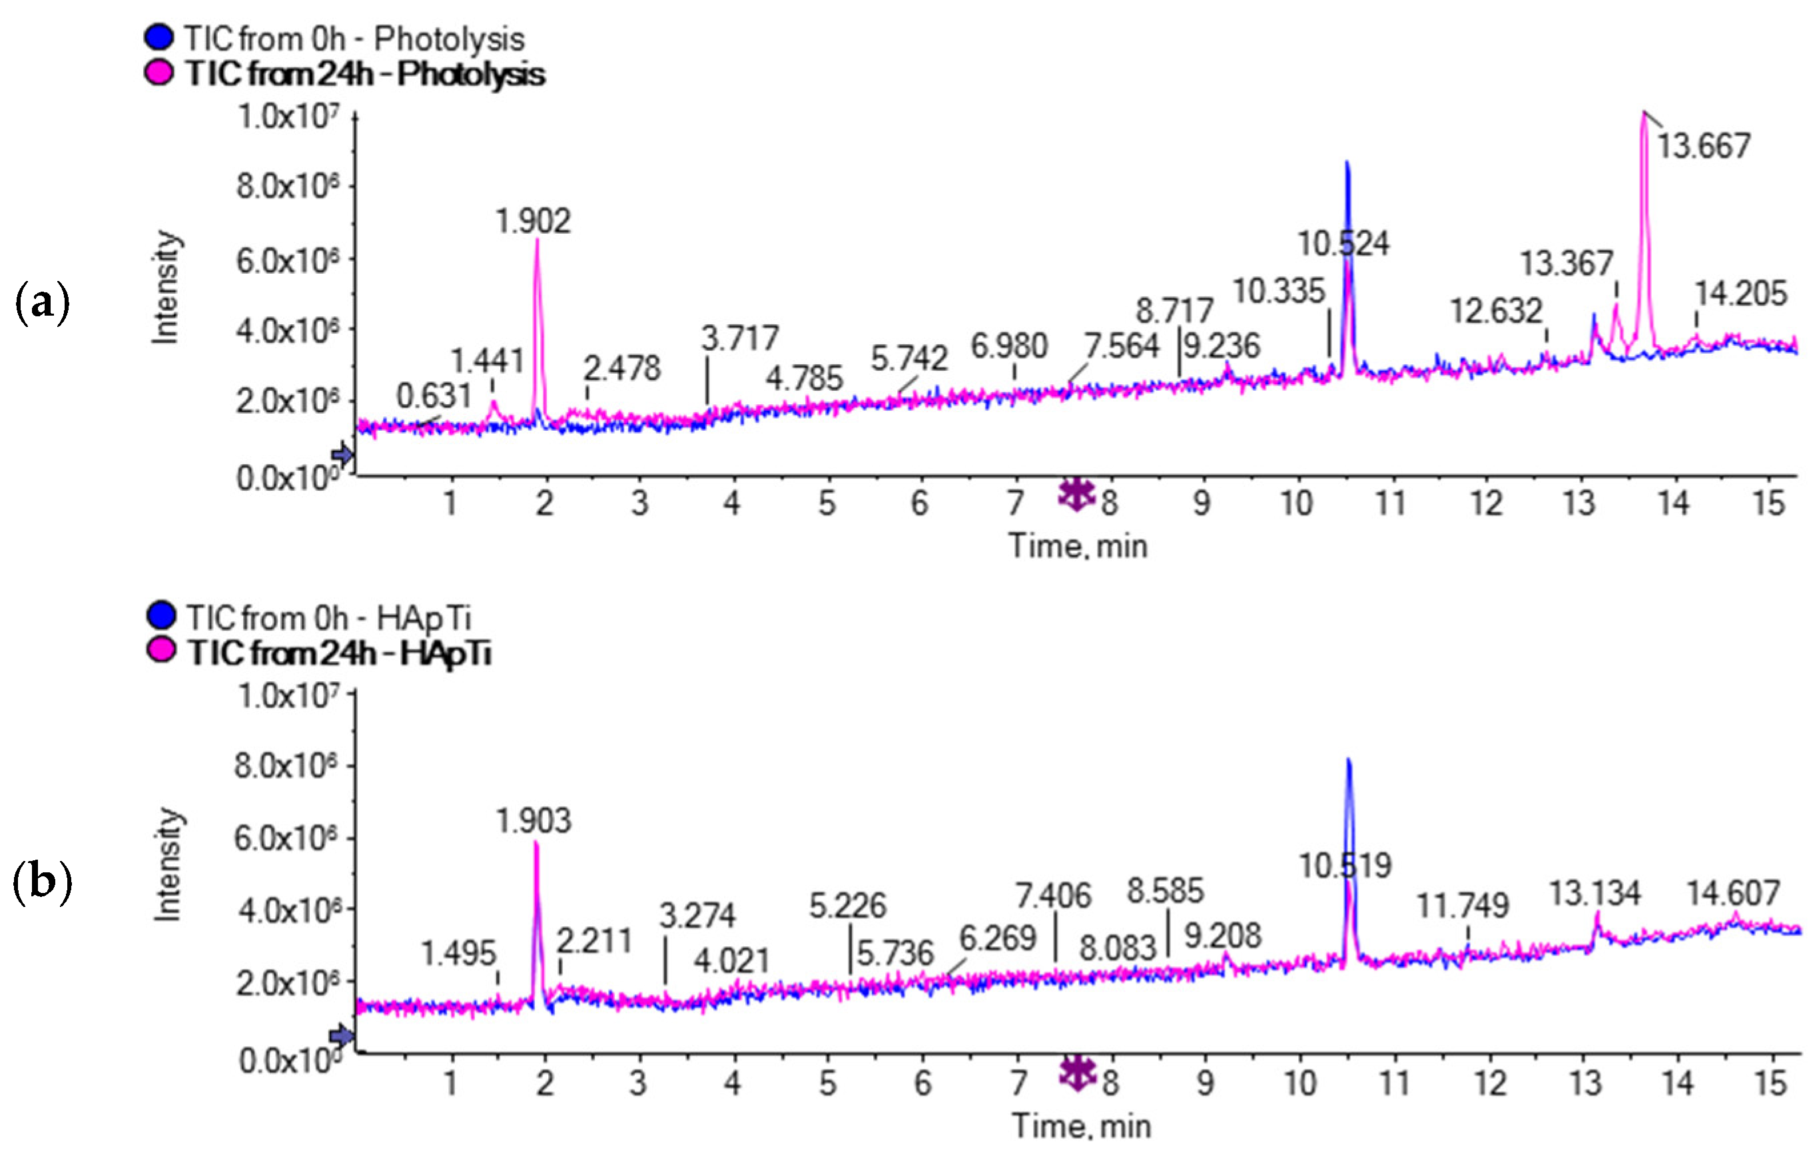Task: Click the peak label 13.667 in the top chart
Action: tap(1703, 146)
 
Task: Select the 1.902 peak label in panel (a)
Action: tap(533, 221)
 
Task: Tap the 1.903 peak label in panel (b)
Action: tap(534, 821)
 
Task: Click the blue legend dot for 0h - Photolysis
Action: tap(159, 38)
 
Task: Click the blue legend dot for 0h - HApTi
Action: tap(161, 617)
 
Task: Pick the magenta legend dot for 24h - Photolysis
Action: tap(159, 73)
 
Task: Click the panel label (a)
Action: tap(42, 303)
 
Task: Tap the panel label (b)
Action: tap(42, 882)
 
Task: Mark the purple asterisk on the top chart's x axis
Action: tap(1076, 494)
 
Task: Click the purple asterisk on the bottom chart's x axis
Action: tap(1078, 1072)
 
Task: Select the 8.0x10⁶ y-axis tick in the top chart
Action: tap(286, 186)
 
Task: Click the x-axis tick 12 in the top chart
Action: tap(1485, 503)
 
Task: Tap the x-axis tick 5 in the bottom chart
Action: tap(828, 1083)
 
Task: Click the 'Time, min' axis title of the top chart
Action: tap(1078, 545)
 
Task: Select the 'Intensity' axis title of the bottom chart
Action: tap(168, 864)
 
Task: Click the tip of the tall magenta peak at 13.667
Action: tap(1643, 113)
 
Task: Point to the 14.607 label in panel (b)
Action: tap(1733, 893)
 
